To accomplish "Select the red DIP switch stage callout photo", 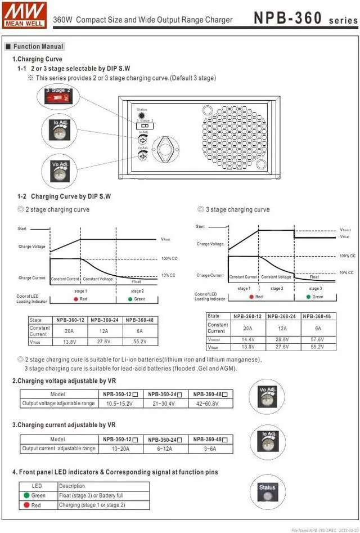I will [58, 96].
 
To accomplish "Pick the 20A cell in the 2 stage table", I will [69, 331].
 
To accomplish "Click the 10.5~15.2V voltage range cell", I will [119, 404].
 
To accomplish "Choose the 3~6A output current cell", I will [210, 449].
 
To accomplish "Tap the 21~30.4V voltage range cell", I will [164, 404].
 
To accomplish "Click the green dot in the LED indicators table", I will [26, 495].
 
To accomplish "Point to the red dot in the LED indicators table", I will [26, 505].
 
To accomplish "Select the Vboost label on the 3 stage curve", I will [345, 230].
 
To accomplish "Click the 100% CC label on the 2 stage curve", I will [168, 258].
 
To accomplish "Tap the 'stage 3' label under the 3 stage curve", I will [316, 288].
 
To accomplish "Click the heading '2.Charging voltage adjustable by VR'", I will [64, 381].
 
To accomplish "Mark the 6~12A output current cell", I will [164, 449].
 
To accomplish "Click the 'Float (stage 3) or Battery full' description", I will [91, 495].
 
